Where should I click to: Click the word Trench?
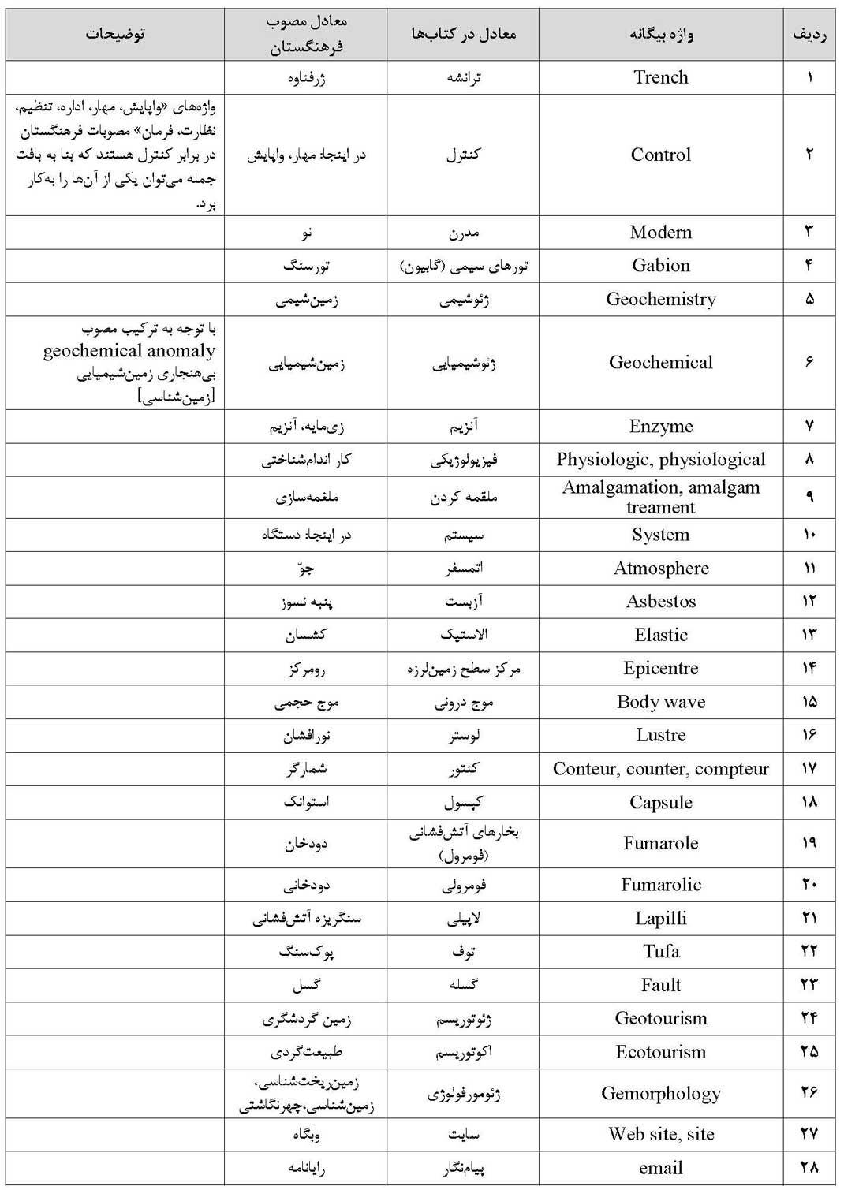pos(660,77)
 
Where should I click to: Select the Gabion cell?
pos(660,266)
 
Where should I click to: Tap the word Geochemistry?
pos(660,300)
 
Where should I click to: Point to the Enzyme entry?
pos(660,427)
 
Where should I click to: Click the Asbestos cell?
pos(660,602)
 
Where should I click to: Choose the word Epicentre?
pos(660,669)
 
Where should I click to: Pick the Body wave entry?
pos(660,702)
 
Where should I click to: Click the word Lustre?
pos(660,735)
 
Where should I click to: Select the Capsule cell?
pos(660,802)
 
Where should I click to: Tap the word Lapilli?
pos(660,918)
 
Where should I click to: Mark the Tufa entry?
pos(660,951)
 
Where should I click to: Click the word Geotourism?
pos(660,1018)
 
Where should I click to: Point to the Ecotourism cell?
pos(660,1052)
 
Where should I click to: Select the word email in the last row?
pos(660,1168)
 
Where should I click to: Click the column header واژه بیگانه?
pos(660,34)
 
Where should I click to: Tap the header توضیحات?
pos(115,34)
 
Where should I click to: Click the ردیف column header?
pos(809,34)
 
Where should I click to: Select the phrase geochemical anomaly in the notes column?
pos(129,351)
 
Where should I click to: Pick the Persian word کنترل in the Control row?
pos(463,155)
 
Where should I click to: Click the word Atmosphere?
pos(660,569)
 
